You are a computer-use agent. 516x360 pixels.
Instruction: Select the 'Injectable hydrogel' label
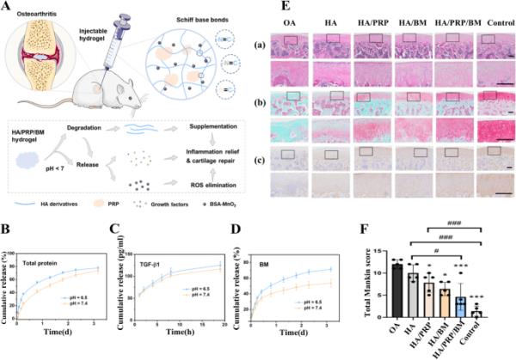(x=122, y=17)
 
